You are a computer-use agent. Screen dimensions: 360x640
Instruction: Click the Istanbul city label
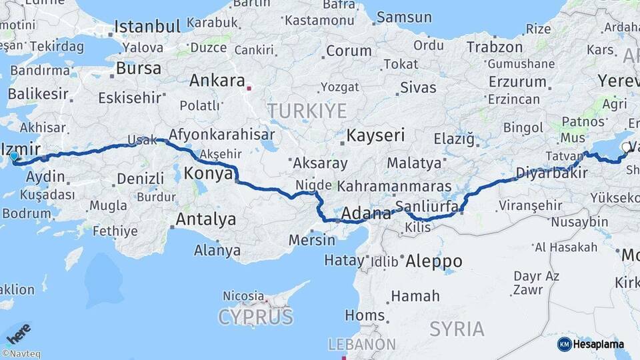click(147, 27)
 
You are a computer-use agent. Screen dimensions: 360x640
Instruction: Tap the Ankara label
click(217, 81)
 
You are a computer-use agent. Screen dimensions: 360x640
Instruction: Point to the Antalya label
click(206, 219)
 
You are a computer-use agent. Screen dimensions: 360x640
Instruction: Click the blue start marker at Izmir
click(14, 157)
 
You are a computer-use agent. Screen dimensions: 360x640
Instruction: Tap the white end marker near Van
click(625, 147)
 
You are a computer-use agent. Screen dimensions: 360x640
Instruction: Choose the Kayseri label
click(375, 135)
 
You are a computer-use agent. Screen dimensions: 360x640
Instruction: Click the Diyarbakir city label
click(551, 173)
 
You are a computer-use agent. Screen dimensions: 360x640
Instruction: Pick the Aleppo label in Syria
click(433, 261)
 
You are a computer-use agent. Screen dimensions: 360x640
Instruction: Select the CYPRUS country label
click(256, 316)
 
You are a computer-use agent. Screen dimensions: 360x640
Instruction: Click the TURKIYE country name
click(307, 110)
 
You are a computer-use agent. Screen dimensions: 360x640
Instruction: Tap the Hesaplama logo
click(591, 344)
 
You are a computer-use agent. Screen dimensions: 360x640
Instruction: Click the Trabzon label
click(495, 47)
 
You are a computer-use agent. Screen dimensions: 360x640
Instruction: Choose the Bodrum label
click(26, 213)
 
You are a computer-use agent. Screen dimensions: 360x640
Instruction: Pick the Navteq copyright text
click(21, 354)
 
